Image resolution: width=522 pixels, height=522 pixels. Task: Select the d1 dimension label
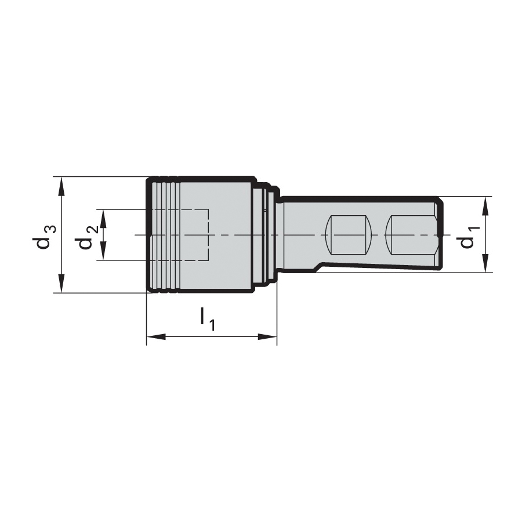pos(470,237)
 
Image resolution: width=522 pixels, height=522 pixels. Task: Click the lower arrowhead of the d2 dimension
pos(103,251)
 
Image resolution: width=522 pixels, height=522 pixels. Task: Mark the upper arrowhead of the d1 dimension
pos(485,206)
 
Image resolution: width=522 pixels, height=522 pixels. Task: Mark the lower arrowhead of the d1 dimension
pos(485,263)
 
